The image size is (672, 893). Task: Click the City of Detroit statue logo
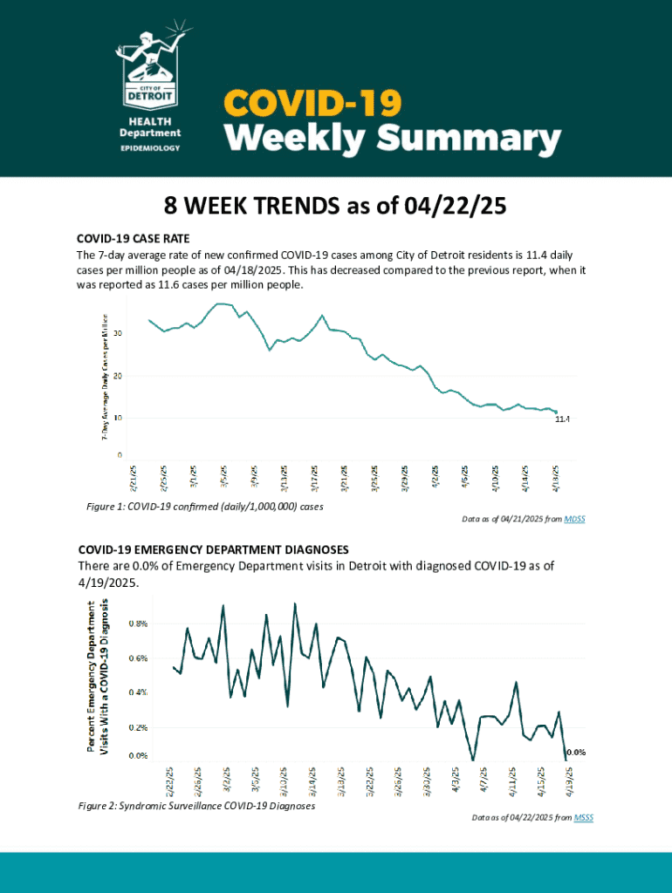click(x=150, y=65)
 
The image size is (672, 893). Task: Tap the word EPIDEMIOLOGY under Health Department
click(x=150, y=148)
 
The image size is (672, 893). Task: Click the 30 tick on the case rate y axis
click(x=116, y=334)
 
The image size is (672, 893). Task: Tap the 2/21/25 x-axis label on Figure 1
click(x=133, y=479)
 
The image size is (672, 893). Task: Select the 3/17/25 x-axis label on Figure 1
click(x=313, y=479)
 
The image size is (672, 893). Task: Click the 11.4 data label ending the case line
click(x=562, y=419)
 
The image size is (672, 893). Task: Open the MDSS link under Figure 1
click(x=574, y=520)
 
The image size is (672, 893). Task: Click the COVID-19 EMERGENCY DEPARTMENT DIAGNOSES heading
click(x=213, y=549)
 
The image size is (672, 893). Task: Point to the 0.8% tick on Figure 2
click(x=138, y=624)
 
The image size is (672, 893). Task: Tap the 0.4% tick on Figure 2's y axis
click(x=138, y=692)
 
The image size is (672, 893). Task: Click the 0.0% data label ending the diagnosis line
click(x=576, y=752)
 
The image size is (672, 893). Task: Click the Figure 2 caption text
click(x=196, y=807)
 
